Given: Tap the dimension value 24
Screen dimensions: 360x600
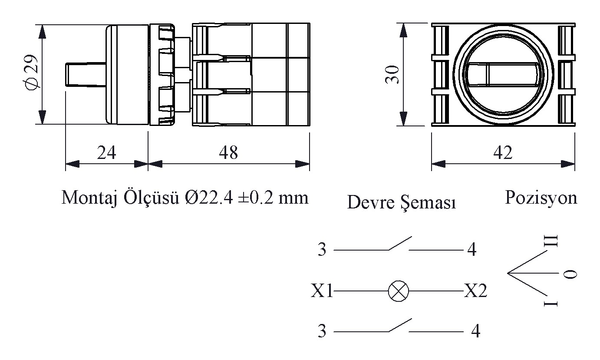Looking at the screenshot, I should coord(106,153).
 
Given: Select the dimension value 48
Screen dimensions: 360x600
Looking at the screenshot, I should coord(228,153).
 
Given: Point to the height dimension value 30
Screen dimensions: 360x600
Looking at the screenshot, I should coord(392,76).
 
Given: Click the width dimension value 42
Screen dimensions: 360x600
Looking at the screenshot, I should coord(503,153).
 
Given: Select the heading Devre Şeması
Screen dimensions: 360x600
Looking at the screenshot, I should coord(401,202).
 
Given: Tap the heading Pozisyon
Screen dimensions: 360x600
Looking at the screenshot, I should coord(541,198).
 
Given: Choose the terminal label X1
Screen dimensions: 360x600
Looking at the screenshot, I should coord(322,291).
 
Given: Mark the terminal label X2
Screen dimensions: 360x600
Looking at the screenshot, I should coord(475,291).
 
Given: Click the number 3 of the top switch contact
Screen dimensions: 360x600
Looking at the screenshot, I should coord(322,250).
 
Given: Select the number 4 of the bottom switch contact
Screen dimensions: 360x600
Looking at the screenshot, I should coord(475,332).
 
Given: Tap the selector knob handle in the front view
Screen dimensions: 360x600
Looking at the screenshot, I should coord(502,75).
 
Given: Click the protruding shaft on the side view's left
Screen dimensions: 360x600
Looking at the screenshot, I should coord(85,75).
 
